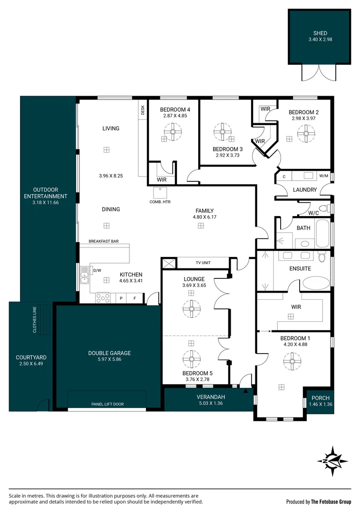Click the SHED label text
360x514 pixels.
click(x=320, y=33)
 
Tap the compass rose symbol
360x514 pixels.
click(x=332, y=461)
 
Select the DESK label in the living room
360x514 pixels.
click(x=143, y=110)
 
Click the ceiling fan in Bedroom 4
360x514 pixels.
click(x=173, y=132)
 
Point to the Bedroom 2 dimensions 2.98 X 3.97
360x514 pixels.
click(x=304, y=119)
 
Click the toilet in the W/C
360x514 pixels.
click(x=324, y=208)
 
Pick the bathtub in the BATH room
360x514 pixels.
click(x=322, y=233)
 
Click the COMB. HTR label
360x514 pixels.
click(x=160, y=202)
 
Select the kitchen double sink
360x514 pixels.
click(x=84, y=275)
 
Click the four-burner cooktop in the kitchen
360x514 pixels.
click(x=103, y=298)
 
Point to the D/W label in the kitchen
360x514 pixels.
click(x=97, y=270)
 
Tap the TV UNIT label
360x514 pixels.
click(x=203, y=263)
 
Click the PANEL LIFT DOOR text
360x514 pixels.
click(x=107, y=404)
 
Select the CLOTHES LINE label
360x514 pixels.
click(x=35, y=320)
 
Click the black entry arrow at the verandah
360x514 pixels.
click(x=246, y=390)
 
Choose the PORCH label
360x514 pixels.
click(x=321, y=398)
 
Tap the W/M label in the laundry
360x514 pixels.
click(x=324, y=176)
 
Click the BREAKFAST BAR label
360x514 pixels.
click(x=104, y=241)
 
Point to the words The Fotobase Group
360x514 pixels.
click(x=331, y=502)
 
